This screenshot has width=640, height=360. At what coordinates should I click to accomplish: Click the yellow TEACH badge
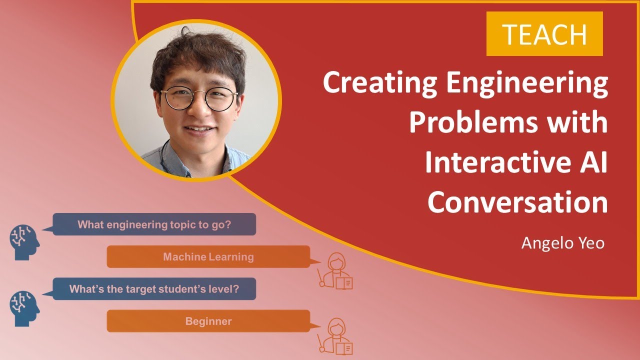(x=544, y=34)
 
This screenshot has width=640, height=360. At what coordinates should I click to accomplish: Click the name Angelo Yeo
(x=563, y=243)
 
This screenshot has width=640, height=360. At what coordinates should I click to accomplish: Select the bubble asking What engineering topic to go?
(x=154, y=224)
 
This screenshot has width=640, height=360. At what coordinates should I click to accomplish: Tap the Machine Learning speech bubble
(x=208, y=257)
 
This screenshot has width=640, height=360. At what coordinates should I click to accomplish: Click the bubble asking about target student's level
(x=154, y=289)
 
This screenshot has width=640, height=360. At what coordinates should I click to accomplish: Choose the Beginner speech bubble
(x=208, y=321)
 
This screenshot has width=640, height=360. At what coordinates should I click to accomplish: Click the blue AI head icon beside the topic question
(x=24, y=242)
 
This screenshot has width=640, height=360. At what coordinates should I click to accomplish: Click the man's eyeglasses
(x=199, y=98)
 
